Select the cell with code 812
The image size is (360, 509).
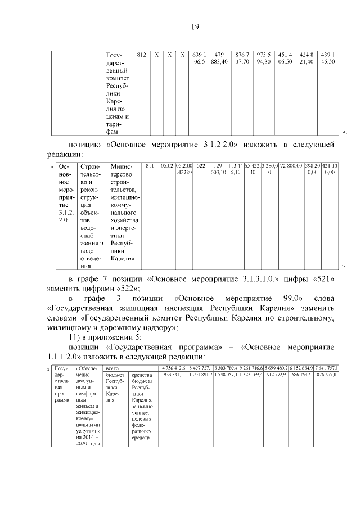142,55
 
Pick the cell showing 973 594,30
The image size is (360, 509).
263,58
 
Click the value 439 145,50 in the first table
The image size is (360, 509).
327,58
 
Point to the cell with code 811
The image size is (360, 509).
150,167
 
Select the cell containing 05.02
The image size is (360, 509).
166,167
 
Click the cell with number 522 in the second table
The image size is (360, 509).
201,167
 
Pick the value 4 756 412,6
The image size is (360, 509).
173,368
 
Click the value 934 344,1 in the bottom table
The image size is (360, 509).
173,375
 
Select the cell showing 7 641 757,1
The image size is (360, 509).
326,368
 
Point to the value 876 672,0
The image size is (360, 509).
326,375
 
